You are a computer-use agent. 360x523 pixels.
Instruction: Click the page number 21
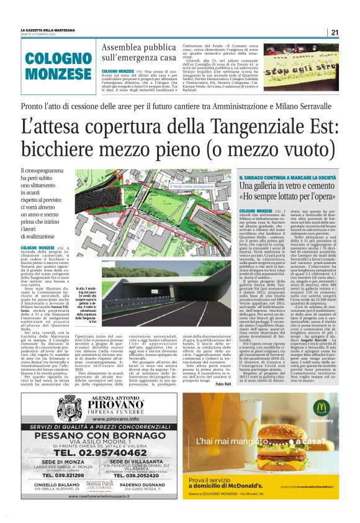point(335,32)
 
